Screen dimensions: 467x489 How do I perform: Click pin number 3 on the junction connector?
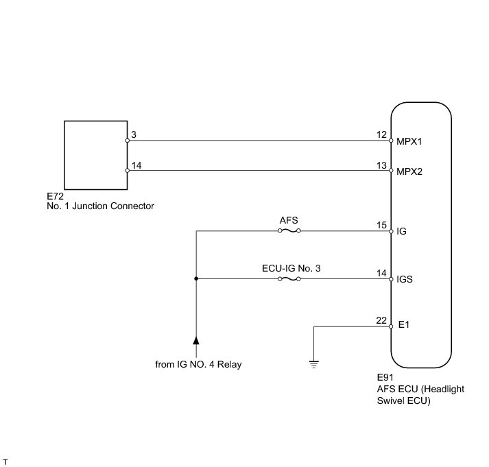click(134, 135)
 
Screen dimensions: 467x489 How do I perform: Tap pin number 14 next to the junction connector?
click(136, 165)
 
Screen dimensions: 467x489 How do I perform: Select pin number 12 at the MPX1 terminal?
click(382, 135)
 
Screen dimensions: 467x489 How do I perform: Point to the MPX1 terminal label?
click(410, 142)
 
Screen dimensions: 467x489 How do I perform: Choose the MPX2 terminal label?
click(410, 171)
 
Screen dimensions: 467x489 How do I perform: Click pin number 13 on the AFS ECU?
click(382, 165)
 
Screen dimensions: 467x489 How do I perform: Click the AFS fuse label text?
click(289, 221)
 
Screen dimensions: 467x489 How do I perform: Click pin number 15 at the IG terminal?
click(382, 225)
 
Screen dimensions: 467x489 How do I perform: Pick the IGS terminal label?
click(405, 279)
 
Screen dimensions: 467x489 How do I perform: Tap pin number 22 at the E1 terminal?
click(382, 320)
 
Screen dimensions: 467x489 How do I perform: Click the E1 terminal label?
click(403, 326)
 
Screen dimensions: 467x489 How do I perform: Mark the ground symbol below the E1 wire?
click(314, 364)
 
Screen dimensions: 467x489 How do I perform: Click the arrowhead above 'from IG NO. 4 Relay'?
click(196, 340)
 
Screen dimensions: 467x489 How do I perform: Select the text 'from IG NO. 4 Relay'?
click(198, 365)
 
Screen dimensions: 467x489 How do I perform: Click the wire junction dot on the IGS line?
click(197, 279)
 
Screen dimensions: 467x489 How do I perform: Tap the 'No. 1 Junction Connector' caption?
click(96, 206)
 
